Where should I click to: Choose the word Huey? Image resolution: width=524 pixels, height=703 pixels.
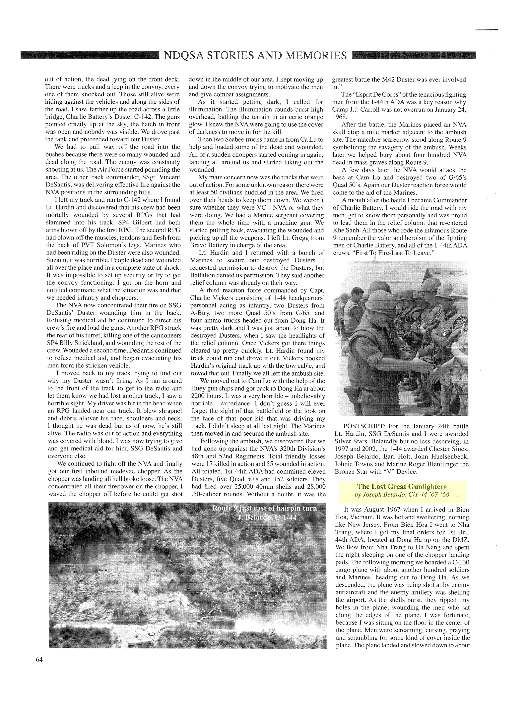(x=198, y=389)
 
